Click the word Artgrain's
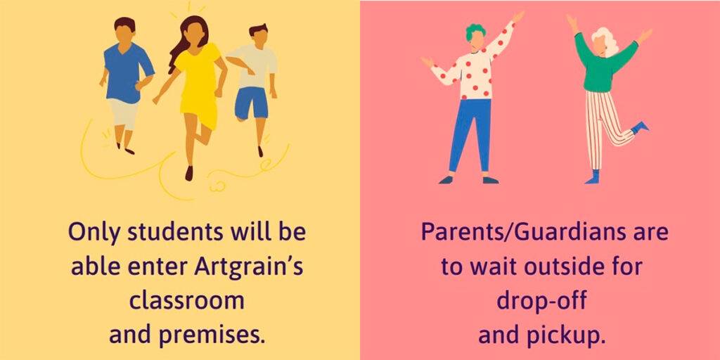coord(248,266)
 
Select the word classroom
coord(186,301)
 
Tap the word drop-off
coord(541,301)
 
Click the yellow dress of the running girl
coord(200,85)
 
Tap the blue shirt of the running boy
coord(127,72)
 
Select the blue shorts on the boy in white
coord(251,103)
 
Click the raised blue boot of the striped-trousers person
coord(640,127)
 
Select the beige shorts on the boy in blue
coord(123,114)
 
